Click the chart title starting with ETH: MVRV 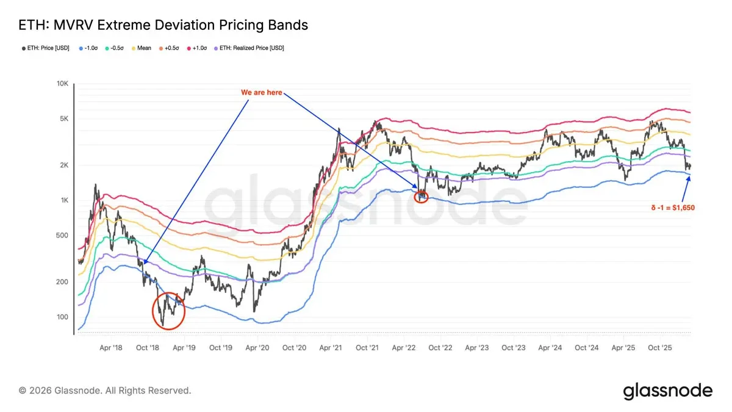pyautogui.click(x=163, y=25)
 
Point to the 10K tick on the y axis pyautogui.click(x=63, y=83)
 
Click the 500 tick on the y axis pyautogui.click(x=63, y=236)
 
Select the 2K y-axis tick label pyautogui.click(x=64, y=165)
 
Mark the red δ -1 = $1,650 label pyautogui.click(x=672, y=208)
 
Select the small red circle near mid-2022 pyautogui.click(x=421, y=197)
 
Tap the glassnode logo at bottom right pyautogui.click(x=667, y=391)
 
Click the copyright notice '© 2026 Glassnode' pyautogui.click(x=105, y=390)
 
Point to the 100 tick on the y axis pyautogui.click(x=63, y=317)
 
